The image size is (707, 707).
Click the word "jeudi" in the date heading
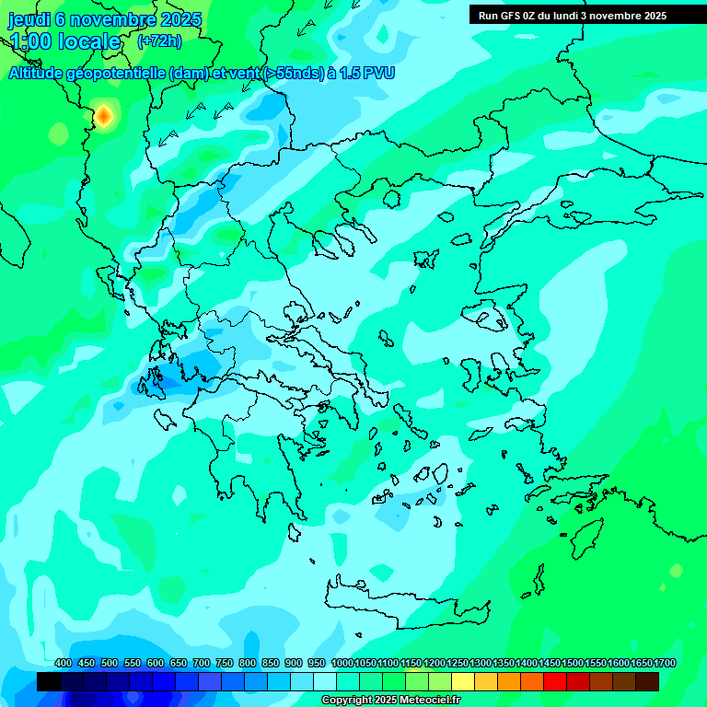point(29,19)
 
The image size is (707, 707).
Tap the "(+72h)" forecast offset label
point(159,41)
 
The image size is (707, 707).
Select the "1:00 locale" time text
point(64,42)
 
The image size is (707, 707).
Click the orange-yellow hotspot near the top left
point(104,115)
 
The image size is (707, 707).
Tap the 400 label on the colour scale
point(63,663)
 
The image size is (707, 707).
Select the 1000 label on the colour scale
point(342,663)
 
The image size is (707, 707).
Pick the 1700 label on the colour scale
point(665,663)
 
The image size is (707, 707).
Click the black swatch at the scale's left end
point(49,681)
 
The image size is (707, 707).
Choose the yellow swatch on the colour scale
point(463,681)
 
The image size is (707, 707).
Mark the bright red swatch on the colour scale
point(555,681)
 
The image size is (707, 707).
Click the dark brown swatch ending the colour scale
point(647,681)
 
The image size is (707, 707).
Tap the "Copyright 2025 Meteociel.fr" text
point(390,701)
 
